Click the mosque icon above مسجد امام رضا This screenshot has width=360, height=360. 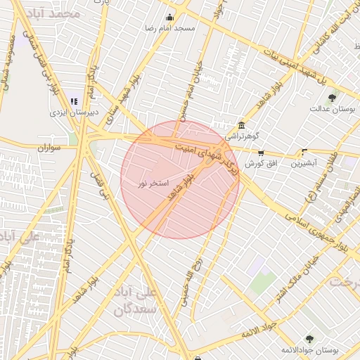pyautogui.click(x=169, y=18)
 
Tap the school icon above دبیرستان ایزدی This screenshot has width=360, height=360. pyautogui.click(x=75, y=101)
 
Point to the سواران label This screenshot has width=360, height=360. pyautogui.click(x=50, y=148)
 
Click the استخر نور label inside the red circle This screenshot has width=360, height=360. pyautogui.click(x=153, y=184)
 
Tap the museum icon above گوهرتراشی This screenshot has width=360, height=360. pyautogui.click(x=240, y=124)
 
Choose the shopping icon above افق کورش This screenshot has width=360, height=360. pyautogui.click(x=261, y=153)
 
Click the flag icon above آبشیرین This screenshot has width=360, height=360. pyautogui.click(x=304, y=152)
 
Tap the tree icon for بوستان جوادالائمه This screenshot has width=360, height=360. pyautogui.click(x=309, y=340)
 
